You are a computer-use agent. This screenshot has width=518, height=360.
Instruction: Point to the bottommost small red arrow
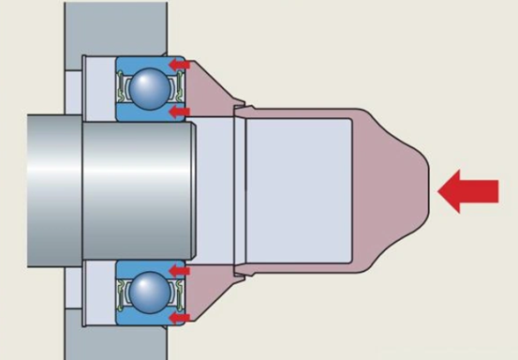pyautogui.click(x=177, y=318)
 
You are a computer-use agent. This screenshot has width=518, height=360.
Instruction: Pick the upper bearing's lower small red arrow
pyautogui.click(x=177, y=112)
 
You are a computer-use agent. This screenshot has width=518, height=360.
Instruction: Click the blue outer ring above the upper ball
pyautogui.click(x=148, y=62)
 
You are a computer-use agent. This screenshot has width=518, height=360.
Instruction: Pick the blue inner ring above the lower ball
pyautogui.click(x=148, y=267)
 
